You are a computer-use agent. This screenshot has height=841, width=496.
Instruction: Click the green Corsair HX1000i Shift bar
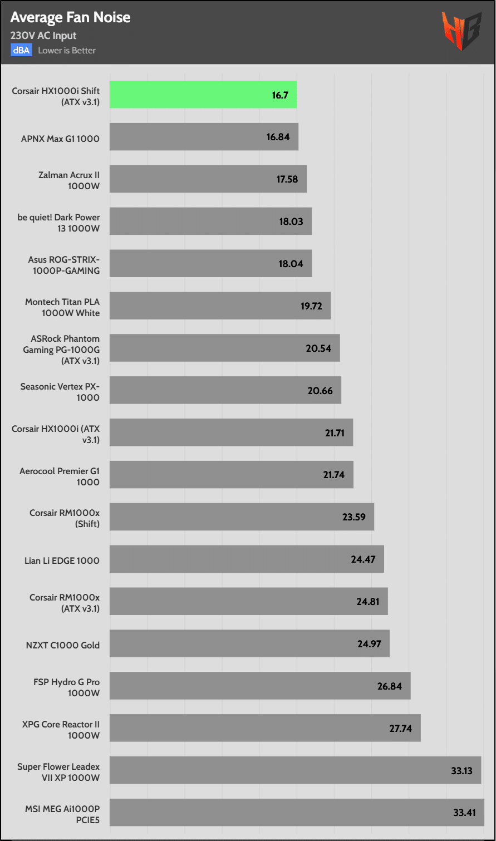203,95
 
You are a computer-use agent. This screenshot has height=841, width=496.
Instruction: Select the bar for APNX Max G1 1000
204,137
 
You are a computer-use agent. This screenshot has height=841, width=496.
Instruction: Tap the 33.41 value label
464,813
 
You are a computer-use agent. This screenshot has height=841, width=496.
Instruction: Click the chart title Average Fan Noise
70,18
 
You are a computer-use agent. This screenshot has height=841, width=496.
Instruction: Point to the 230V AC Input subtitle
43,36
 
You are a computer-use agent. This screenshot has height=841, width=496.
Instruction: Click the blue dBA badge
21,51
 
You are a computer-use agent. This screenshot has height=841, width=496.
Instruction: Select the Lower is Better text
67,51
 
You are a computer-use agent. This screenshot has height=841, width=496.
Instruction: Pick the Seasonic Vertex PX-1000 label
60,392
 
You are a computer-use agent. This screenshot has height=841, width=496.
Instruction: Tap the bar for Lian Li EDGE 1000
247,559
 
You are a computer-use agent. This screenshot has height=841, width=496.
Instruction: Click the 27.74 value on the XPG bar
400,728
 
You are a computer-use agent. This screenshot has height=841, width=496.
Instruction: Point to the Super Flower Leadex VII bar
295,770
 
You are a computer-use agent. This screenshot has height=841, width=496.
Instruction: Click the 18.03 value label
291,222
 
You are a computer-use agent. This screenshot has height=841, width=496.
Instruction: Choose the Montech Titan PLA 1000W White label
62,307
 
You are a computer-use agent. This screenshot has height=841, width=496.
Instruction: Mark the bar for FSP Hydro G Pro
260,686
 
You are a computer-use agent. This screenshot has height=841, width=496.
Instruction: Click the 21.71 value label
335,433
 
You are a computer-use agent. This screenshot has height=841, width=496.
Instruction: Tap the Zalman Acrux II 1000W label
69,180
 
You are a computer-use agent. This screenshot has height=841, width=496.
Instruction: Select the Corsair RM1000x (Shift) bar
242,517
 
